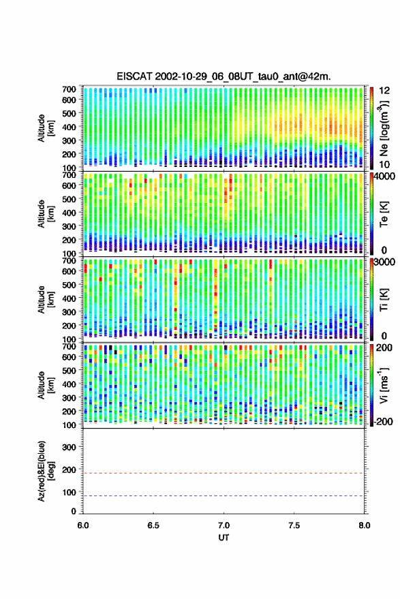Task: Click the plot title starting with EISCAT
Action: [x=224, y=76]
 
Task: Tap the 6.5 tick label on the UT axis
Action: [x=153, y=525]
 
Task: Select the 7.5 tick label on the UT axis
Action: [x=294, y=525]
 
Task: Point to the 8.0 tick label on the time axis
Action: [x=364, y=525]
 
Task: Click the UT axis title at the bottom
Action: [x=224, y=538]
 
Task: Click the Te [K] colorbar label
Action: [x=384, y=214]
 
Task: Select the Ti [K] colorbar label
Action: [x=384, y=300]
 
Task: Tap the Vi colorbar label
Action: [x=384, y=385]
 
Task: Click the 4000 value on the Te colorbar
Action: [x=384, y=177]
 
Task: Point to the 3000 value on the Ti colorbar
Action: [x=384, y=262]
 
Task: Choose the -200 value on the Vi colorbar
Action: [x=383, y=422]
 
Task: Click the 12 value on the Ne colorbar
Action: [x=384, y=90]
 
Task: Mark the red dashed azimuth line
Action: [x=224, y=473]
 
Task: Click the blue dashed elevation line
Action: [x=224, y=496]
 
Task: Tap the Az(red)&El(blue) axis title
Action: [x=46, y=471]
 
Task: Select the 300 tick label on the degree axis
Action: [x=69, y=447]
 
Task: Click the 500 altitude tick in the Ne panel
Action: [x=69, y=113]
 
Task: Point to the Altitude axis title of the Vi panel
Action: [x=46, y=385]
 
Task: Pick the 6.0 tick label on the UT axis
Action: [x=83, y=525]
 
